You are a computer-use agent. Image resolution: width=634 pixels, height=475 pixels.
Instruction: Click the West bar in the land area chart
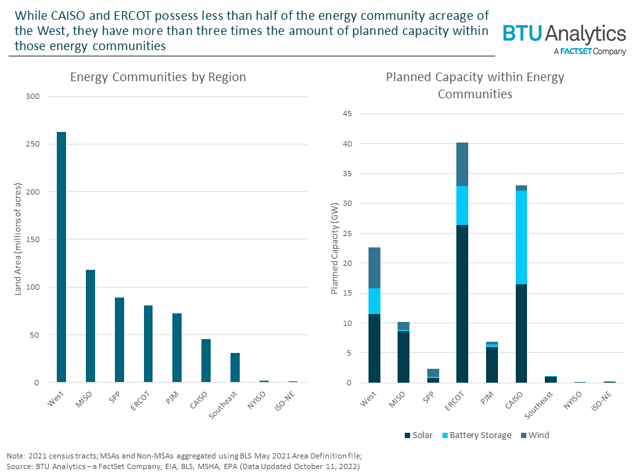click(x=61, y=257)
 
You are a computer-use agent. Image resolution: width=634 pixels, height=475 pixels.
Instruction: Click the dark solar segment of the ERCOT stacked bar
click(x=462, y=303)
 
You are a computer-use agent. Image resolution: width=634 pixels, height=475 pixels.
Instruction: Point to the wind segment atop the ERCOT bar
click(x=462, y=164)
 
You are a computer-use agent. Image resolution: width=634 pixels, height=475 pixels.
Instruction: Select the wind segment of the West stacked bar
click(x=374, y=268)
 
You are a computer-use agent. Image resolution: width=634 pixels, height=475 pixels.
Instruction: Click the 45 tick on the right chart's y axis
click(x=346, y=114)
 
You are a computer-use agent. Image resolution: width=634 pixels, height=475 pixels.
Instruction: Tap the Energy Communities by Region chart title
click(x=158, y=77)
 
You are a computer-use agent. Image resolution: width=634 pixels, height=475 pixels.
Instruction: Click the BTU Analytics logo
click(x=564, y=34)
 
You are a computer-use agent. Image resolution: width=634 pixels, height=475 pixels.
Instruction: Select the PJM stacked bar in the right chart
click(x=492, y=363)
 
